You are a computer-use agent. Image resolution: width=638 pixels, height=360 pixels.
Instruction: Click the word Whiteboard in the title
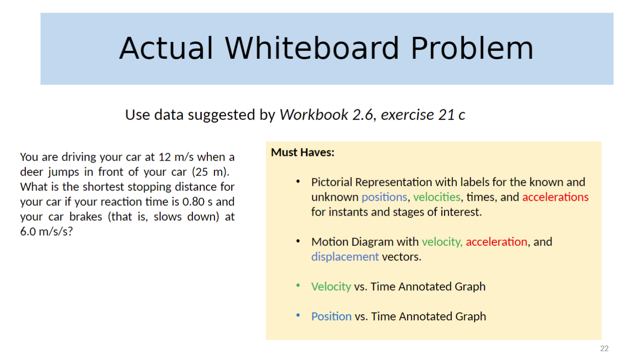312,49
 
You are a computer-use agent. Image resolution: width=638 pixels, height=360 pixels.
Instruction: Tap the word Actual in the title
166,49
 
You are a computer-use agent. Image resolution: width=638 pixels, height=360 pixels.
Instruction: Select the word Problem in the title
472,49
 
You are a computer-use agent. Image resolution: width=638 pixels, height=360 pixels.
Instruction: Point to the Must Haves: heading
303,153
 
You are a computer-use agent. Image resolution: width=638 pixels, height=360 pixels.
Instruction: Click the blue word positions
384,197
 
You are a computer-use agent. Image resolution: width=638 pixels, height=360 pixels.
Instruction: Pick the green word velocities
437,197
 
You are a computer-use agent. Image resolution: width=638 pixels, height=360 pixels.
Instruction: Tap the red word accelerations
555,197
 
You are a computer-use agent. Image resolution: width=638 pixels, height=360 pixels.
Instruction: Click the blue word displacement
345,257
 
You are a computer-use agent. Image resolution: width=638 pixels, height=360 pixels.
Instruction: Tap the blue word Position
331,317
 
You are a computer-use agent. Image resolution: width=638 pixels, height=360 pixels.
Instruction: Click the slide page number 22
604,349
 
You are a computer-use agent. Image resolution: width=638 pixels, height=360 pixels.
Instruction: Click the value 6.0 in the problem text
28,232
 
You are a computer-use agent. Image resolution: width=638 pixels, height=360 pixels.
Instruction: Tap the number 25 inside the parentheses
203,172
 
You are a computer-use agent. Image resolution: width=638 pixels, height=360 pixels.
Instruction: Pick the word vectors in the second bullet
401,257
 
